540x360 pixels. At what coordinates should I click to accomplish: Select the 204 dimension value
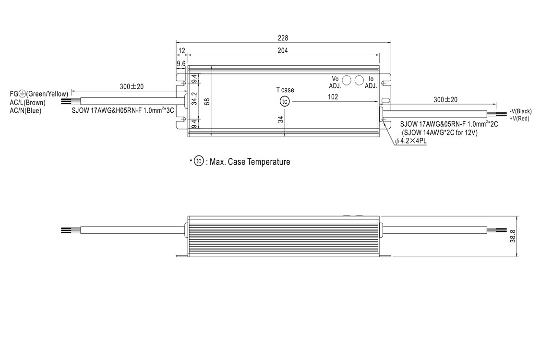[282, 51]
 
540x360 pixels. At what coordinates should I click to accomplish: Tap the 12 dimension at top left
[181, 51]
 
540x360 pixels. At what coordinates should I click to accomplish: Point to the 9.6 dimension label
[181, 64]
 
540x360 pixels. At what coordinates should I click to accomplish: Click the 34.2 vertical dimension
[194, 98]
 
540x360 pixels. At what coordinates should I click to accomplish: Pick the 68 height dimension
[206, 102]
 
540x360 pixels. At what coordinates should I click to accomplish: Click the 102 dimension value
[333, 97]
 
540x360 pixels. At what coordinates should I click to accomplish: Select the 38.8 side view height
[513, 236]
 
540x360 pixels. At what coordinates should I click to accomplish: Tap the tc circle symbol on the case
[285, 102]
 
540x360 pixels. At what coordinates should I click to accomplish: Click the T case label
[285, 90]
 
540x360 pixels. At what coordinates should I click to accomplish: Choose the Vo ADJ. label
[335, 83]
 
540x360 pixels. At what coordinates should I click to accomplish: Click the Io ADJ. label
[371, 83]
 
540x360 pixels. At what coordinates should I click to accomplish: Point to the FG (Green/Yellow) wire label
[39, 94]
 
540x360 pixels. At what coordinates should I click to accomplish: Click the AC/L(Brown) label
[27, 102]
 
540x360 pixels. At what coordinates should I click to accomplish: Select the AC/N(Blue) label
[25, 110]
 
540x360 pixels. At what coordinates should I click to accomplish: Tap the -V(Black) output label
[521, 111]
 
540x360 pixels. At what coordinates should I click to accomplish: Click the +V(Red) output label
[519, 119]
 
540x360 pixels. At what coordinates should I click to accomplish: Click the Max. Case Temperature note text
[250, 162]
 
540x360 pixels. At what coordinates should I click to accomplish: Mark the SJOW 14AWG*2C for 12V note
[440, 132]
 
